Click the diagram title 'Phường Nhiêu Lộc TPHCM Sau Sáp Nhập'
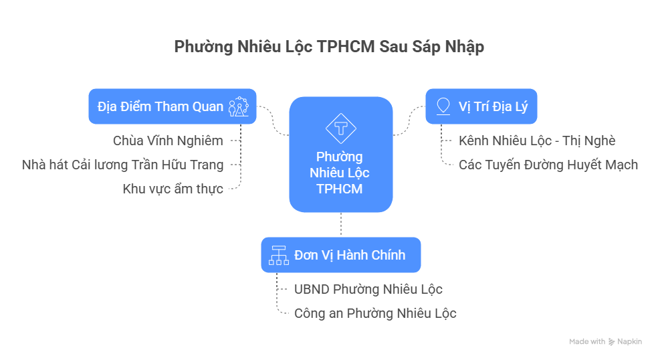pos(328,47)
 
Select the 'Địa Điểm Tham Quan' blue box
pos(172,106)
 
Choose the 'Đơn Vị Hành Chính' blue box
pos(340,255)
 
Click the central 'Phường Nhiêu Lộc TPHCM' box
pos(340,155)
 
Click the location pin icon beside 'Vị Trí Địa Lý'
pos(442,106)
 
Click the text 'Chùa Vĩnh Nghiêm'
pos(167,141)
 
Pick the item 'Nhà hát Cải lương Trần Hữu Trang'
pos(122,165)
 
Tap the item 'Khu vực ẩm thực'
pos(173,189)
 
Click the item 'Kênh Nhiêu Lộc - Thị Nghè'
pos(537,141)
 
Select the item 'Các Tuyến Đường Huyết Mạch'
pos(548,165)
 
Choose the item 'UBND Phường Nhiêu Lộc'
pos(368,289)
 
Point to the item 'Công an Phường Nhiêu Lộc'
pos(375,313)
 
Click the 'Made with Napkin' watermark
pos(605,341)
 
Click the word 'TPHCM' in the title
pos(346,47)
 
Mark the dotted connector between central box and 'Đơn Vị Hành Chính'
pos(341,224)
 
